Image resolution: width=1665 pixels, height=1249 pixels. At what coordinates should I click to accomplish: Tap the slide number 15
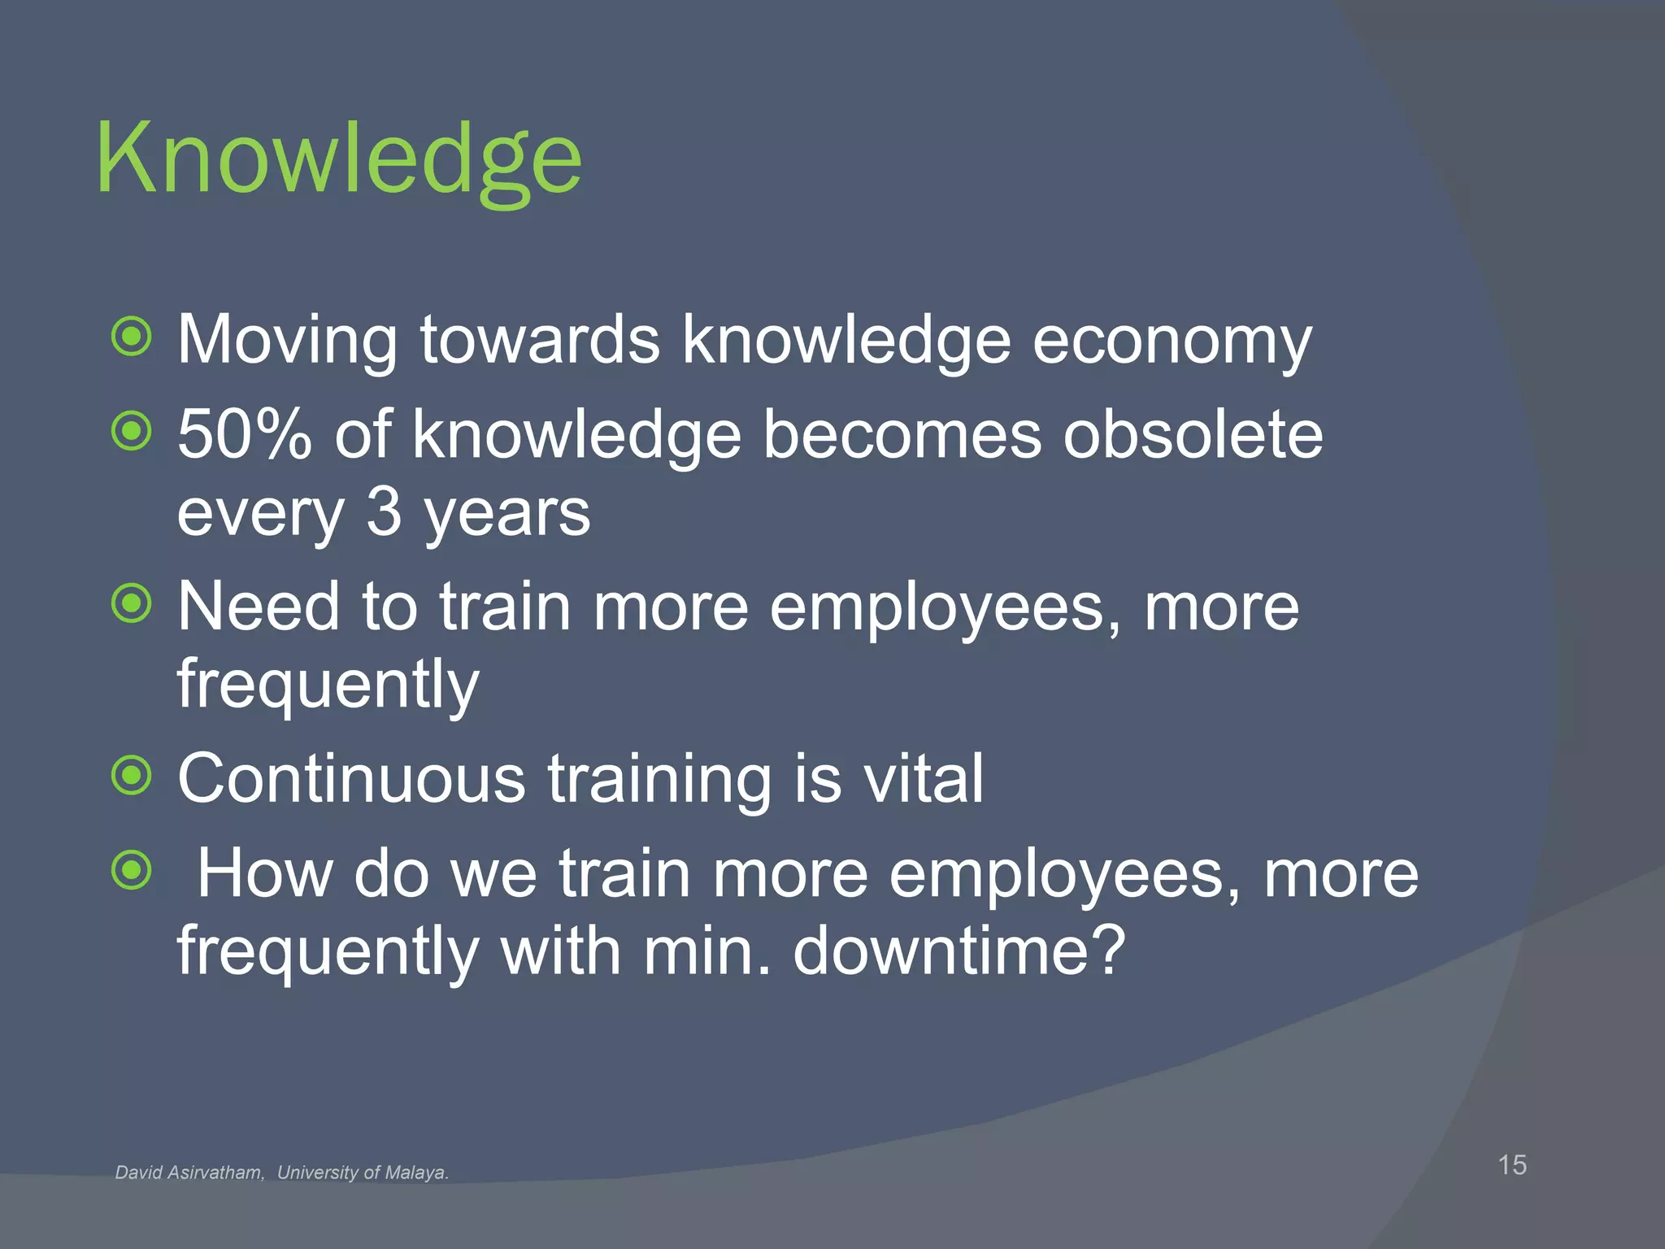[1511, 1164]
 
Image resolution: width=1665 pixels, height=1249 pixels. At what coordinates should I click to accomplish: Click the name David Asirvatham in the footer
[189, 1173]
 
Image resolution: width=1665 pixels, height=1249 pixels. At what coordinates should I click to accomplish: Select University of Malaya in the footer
[363, 1173]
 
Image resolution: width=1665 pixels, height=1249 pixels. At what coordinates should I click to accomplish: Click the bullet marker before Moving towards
[132, 337]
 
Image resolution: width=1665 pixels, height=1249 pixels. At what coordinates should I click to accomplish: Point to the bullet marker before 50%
[132, 432]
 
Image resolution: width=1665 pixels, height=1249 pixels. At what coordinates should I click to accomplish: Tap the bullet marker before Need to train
[132, 603]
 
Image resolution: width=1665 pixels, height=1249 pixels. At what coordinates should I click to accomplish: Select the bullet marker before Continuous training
[132, 776]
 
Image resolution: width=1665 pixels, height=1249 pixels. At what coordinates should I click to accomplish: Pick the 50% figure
[244, 434]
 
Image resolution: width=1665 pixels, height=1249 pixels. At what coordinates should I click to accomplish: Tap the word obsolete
[1193, 434]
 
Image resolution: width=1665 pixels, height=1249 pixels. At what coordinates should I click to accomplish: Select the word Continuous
[352, 778]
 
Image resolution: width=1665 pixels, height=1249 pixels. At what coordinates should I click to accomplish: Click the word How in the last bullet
[265, 873]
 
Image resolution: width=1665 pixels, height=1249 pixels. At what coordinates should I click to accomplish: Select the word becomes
[902, 434]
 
